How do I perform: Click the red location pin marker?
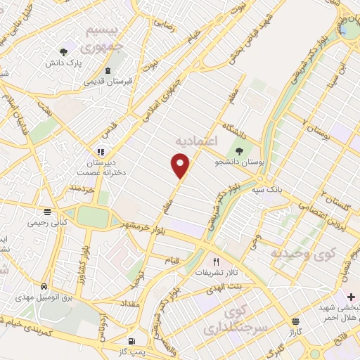point(181,165)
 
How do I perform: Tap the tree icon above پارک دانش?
point(64,52)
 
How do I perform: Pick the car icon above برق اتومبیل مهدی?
point(44,287)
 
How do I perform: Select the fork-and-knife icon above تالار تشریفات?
point(206,261)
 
